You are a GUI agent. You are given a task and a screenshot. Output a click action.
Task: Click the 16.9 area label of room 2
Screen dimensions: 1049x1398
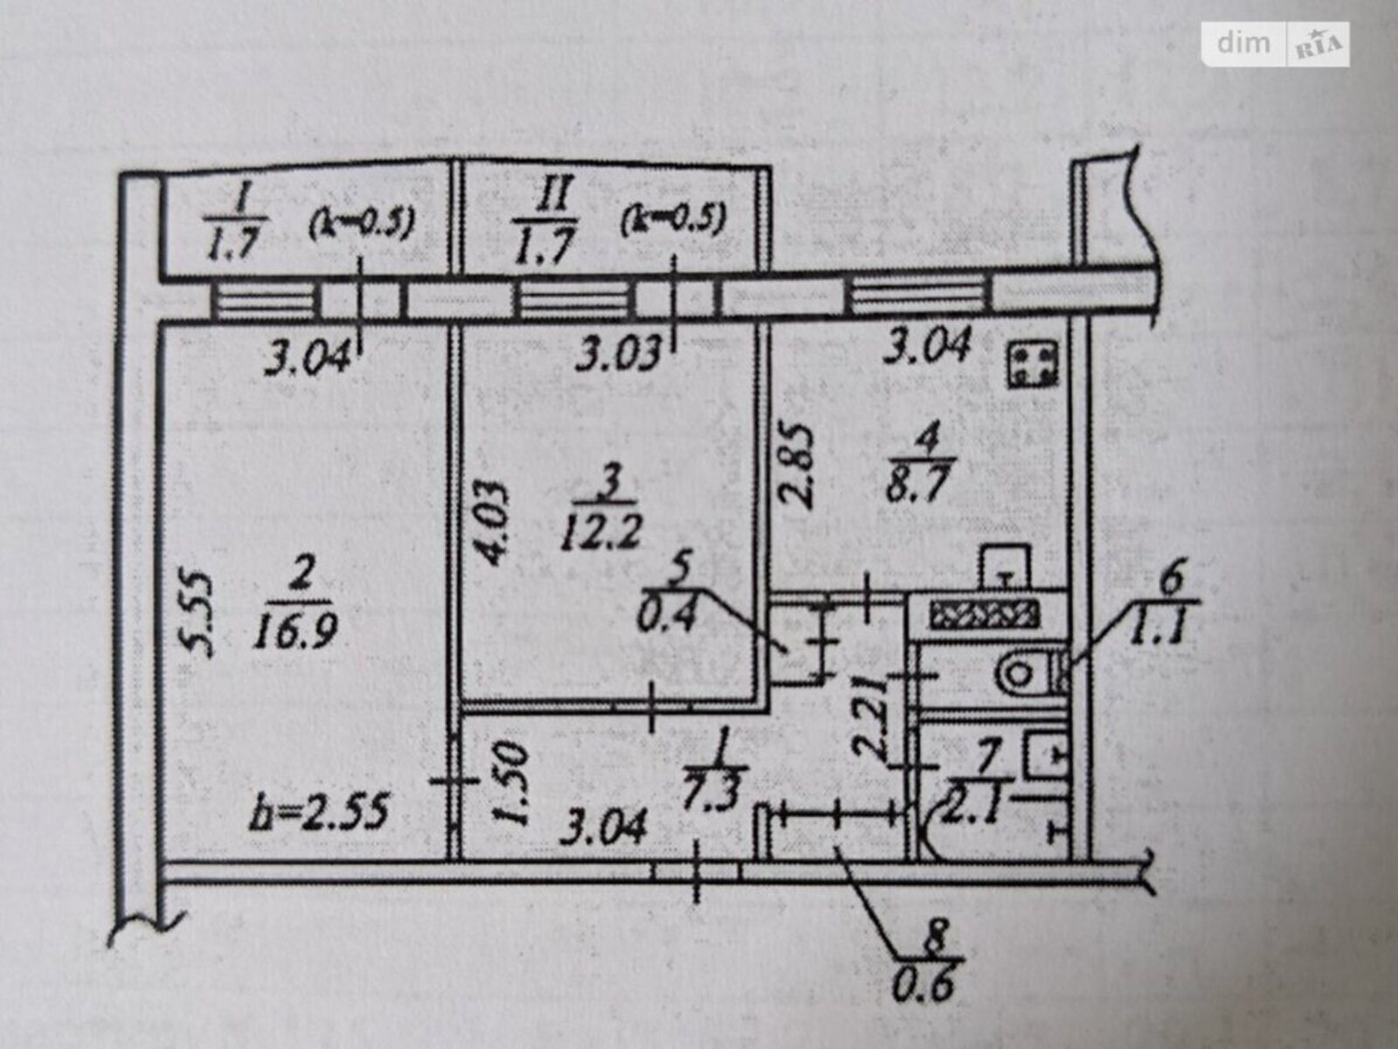coord(294,629)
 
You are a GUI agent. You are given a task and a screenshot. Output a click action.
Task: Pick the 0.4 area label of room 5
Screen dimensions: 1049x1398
coord(668,617)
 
